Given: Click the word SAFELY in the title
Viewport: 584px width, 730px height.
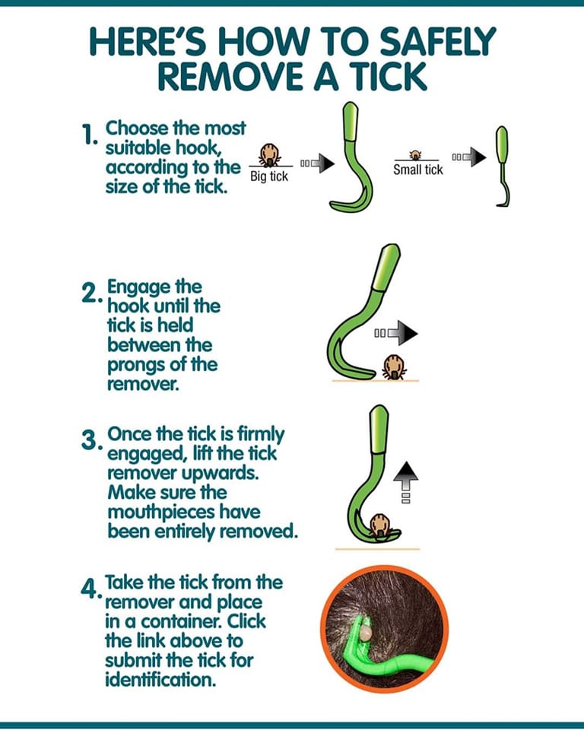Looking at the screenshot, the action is [x=437, y=41].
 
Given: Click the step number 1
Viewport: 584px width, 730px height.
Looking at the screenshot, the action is [x=88, y=135].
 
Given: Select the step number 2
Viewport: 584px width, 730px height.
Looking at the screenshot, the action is [x=90, y=293].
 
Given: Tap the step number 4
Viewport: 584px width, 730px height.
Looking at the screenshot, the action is [x=90, y=589].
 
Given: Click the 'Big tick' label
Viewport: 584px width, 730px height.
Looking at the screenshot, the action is [x=269, y=176].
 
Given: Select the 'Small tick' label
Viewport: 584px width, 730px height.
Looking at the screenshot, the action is [x=417, y=170].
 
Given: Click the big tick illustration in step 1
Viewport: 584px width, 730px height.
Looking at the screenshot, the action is [x=270, y=154].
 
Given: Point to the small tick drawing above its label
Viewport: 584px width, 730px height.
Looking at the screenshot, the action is [x=414, y=155].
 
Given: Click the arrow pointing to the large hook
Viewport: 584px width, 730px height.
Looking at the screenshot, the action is [x=318, y=163].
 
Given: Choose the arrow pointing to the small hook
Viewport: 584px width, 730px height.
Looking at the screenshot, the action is [x=469, y=157].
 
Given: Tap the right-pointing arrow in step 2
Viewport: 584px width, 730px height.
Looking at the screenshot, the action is [x=396, y=333].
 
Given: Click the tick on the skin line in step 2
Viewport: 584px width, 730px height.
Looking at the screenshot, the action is [x=395, y=367].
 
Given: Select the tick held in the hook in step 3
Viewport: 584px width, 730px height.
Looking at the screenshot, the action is [x=380, y=525].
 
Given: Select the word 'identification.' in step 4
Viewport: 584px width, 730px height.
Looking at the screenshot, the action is [x=160, y=680].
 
